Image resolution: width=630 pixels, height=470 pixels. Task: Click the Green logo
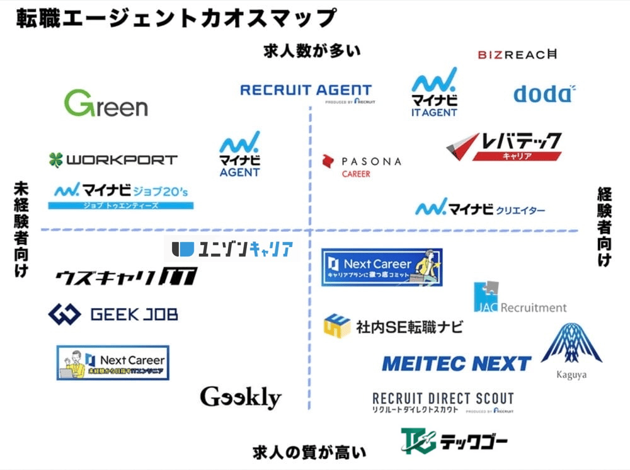106,104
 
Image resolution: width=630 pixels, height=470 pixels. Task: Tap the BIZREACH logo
517,55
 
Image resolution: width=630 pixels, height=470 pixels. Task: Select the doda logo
544,94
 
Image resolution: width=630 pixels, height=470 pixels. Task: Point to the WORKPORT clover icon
56,160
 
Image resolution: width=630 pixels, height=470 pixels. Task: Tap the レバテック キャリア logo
504,146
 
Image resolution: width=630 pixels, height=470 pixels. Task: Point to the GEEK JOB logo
113,314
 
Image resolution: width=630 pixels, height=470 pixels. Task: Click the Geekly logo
240,397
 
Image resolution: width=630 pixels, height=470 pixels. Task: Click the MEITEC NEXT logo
456,364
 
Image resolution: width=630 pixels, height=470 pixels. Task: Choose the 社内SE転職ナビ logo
393,326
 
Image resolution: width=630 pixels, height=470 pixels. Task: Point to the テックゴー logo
454,441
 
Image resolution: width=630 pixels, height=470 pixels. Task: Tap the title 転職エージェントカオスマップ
176,18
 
